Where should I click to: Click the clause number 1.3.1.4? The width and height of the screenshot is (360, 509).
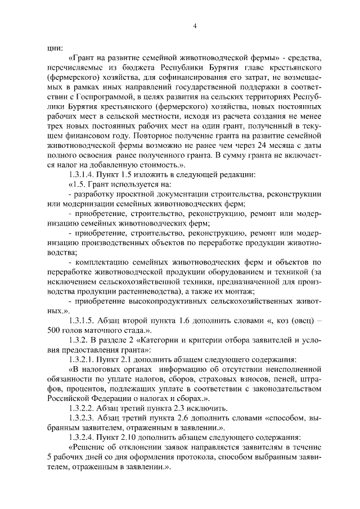[83, 175]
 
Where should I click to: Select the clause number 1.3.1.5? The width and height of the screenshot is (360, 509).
[83, 321]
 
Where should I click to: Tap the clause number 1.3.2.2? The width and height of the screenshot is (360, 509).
[83, 408]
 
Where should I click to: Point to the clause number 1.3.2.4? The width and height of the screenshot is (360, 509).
[83, 437]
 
